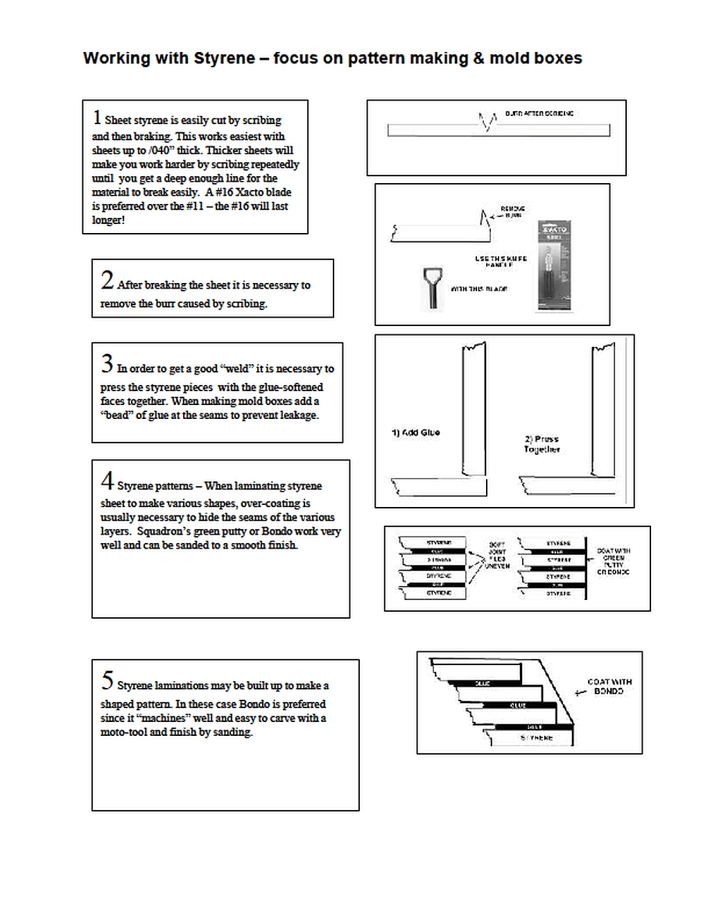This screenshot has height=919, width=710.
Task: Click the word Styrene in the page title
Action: click(x=224, y=59)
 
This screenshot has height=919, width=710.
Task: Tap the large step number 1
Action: click(x=97, y=118)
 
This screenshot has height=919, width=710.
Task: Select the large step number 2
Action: click(x=107, y=280)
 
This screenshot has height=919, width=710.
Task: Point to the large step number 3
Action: click(x=107, y=363)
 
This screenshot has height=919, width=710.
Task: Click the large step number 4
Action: click(x=107, y=481)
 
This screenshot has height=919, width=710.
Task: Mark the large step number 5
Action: click(x=107, y=680)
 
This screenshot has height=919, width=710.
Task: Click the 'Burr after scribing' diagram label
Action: click(x=539, y=113)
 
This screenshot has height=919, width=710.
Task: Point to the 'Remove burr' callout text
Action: click(x=512, y=212)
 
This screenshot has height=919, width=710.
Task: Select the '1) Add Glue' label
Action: click(x=415, y=433)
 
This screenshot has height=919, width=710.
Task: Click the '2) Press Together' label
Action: click(x=542, y=444)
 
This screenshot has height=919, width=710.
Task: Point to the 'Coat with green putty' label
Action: click(x=614, y=561)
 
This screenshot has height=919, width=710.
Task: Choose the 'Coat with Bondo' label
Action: click(x=609, y=687)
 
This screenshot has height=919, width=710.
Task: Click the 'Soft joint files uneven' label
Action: click(x=497, y=556)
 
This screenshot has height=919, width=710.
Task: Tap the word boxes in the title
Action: click(x=559, y=59)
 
